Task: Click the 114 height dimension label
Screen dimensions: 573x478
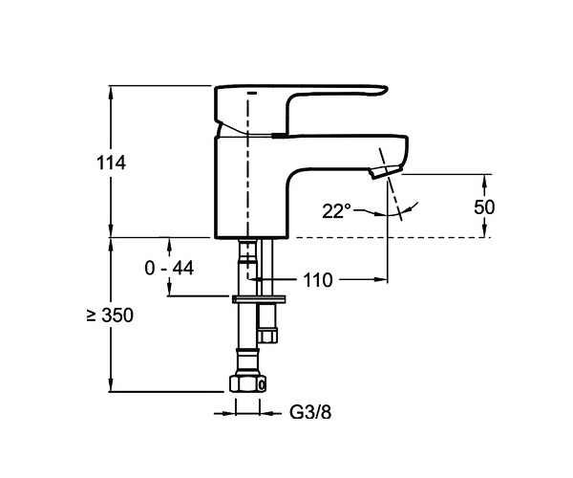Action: click(x=111, y=163)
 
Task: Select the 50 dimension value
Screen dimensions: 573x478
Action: click(x=484, y=207)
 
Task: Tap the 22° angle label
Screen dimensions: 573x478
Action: click(x=336, y=211)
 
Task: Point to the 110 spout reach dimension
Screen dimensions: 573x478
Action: click(x=318, y=280)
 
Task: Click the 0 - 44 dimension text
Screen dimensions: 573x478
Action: click(x=169, y=268)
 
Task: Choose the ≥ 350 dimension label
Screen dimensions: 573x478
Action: click(x=110, y=315)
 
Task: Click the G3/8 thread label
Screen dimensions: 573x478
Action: click(x=310, y=413)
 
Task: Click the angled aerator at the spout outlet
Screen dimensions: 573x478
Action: click(x=385, y=171)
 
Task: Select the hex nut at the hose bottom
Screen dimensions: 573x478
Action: click(x=247, y=383)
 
